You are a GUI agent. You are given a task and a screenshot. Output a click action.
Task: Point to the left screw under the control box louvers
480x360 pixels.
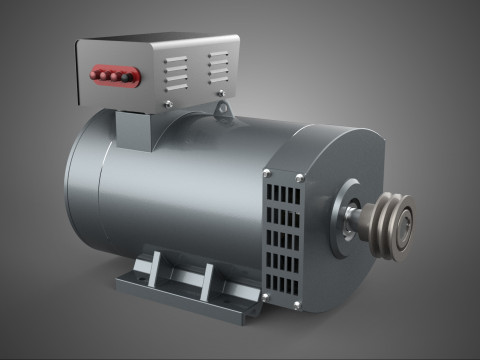(169, 103)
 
